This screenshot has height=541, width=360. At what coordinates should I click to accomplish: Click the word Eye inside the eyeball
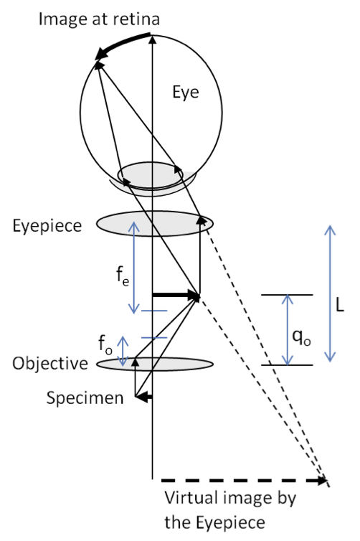186,93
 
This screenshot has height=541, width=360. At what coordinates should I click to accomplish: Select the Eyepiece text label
47,226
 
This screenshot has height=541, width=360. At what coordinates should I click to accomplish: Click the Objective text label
50,364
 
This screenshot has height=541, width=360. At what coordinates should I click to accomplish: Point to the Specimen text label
85,398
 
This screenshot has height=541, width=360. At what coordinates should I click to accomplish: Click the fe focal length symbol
123,276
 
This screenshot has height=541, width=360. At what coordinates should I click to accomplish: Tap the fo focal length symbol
105,344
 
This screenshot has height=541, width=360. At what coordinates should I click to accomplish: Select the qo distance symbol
302,337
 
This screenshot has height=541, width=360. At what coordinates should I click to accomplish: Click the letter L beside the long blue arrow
340,305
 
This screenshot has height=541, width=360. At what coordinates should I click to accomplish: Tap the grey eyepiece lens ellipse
154,224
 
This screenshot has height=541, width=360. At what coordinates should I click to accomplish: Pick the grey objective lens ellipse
154,364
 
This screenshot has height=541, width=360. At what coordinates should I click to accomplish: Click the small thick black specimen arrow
144,397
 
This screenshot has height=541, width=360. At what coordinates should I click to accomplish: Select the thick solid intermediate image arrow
176,296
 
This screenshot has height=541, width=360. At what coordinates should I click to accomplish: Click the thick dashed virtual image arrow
244,480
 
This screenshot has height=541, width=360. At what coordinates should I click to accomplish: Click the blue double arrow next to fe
134,268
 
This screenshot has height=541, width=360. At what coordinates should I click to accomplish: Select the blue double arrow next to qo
288,330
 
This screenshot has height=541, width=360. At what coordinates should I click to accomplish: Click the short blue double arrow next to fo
123,351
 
